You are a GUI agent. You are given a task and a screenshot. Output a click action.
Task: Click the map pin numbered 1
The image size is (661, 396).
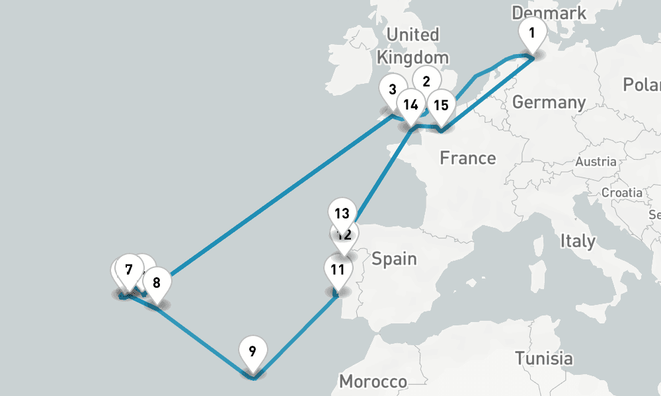[532, 32]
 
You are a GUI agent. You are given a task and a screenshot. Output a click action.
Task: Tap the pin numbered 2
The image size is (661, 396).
[426, 81]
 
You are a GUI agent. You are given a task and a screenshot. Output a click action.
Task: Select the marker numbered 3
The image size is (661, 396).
[393, 90]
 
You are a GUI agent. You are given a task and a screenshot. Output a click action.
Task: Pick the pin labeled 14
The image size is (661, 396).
[411, 104]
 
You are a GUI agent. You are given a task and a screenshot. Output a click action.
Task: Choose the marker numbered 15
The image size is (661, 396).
[441, 105]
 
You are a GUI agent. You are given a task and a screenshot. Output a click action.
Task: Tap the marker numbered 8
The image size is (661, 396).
[157, 283]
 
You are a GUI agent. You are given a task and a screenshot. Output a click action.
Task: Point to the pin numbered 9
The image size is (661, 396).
[253, 350]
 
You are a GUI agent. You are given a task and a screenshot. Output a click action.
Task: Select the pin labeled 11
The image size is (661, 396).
[338, 269]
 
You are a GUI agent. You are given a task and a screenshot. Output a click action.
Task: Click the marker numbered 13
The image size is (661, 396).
[342, 214]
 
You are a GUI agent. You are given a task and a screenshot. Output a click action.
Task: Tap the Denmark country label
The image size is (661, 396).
[549, 13]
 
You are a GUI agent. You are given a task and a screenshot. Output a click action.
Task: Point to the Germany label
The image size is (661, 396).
[549, 102]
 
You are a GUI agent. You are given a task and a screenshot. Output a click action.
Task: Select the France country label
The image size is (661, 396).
[468, 158]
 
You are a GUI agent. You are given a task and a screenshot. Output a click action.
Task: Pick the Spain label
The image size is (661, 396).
[394, 258]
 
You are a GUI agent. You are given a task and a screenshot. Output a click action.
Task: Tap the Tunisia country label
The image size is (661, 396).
[544, 358]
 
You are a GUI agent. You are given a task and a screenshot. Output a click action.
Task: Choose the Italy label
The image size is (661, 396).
[577, 241]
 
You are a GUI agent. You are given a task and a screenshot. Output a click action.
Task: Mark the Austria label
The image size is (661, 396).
[596, 162]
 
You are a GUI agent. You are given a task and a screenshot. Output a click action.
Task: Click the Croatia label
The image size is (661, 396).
[621, 193]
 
